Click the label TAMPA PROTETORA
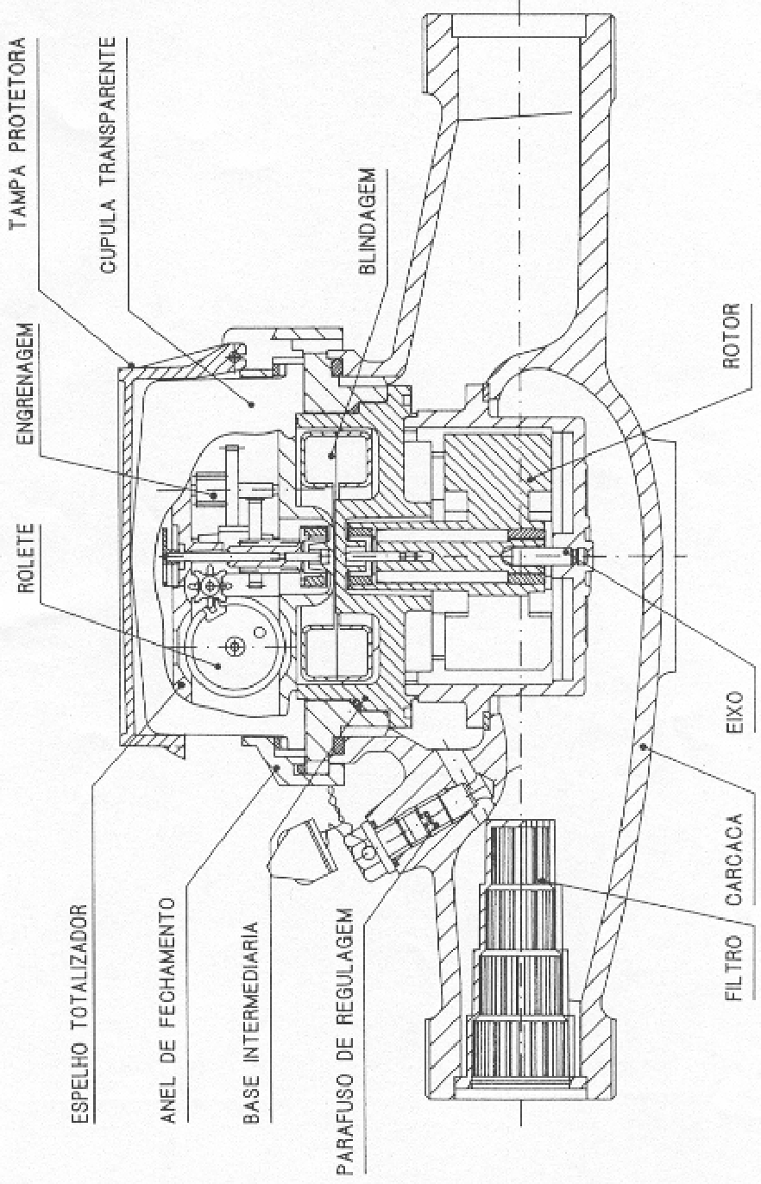(x=19, y=133)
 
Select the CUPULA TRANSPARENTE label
(x=108, y=154)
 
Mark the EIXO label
(x=734, y=711)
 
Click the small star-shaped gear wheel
(x=211, y=586)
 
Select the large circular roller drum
(x=233, y=646)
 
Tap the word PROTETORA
(x=19, y=96)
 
